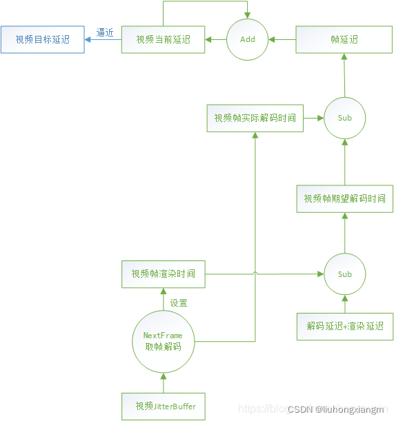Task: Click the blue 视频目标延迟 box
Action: (x=43, y=40)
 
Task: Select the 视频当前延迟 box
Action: (x=164, y=40)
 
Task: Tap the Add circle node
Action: (x=248, y=40)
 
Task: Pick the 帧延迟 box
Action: (x=344, y=40)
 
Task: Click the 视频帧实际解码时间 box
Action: (x=255, y=118)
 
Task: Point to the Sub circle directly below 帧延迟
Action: (x=344, y=118)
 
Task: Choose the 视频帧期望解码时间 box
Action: (x=344, y=198)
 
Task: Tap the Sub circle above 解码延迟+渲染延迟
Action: (x=344, y=274)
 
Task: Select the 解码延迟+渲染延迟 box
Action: (x=344, y=326)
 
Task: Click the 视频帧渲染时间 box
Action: (x=164, y=274)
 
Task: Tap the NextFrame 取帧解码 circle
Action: (x=164, y=341)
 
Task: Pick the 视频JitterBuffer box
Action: (x=164, y=406)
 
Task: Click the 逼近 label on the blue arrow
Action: (x=105, y=32)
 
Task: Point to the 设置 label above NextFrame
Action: (x=179, y=302)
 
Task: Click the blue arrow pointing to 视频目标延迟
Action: (x=103, y=40)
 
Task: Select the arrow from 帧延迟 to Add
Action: (x=282, y=40)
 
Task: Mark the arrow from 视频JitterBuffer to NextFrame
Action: (x=164, y=382)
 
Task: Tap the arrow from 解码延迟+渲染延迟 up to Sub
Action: (x=344, y=304)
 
